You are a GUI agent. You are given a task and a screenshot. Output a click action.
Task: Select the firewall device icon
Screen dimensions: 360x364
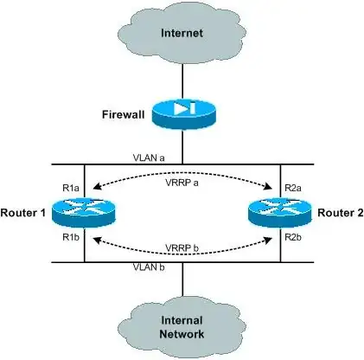(182, 112)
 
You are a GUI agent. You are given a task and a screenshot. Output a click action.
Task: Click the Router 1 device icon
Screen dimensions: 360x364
(85, 211)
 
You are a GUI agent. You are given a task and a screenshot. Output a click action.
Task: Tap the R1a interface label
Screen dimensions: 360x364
(71, 186)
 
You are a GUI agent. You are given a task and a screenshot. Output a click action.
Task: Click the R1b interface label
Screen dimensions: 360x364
(71, 235)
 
